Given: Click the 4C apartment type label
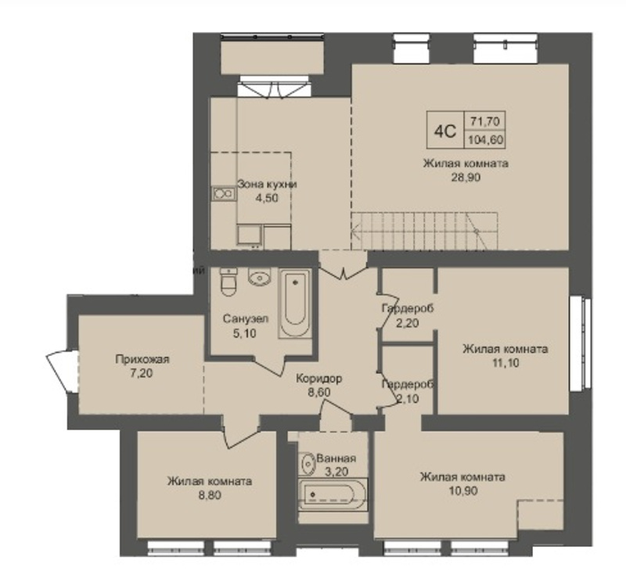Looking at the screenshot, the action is [x=444, y=131].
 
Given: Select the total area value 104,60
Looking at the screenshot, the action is [x=486, y=140].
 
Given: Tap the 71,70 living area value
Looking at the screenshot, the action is [x=485, y=120].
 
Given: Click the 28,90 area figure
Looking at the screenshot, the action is [x=466, y=178].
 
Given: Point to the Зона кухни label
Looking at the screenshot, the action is [x=267, y=185].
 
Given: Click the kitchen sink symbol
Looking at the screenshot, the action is [x=223, y=193].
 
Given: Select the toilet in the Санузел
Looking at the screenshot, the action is [x=228, y=282].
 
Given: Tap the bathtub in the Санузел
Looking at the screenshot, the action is [x=295, y=304].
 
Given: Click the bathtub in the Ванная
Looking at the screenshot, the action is [x=333, y=494].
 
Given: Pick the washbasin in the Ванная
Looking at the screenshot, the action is [x=307, y=463].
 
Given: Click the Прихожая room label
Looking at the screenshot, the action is [x=142, y=359].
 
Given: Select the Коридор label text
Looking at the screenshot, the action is [x=319, y=379].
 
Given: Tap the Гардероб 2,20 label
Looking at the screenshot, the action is [x=407, y=315].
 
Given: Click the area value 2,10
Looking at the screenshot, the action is [x=408, y=398].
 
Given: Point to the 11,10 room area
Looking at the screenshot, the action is [x=505, y=363].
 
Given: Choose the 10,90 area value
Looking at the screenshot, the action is [x=463, y=490].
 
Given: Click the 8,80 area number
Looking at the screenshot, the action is [x=210, y=495].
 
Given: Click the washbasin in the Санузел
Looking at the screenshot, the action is [x=260, y=277].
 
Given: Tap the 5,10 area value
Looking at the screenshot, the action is [x=244, y=333].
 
